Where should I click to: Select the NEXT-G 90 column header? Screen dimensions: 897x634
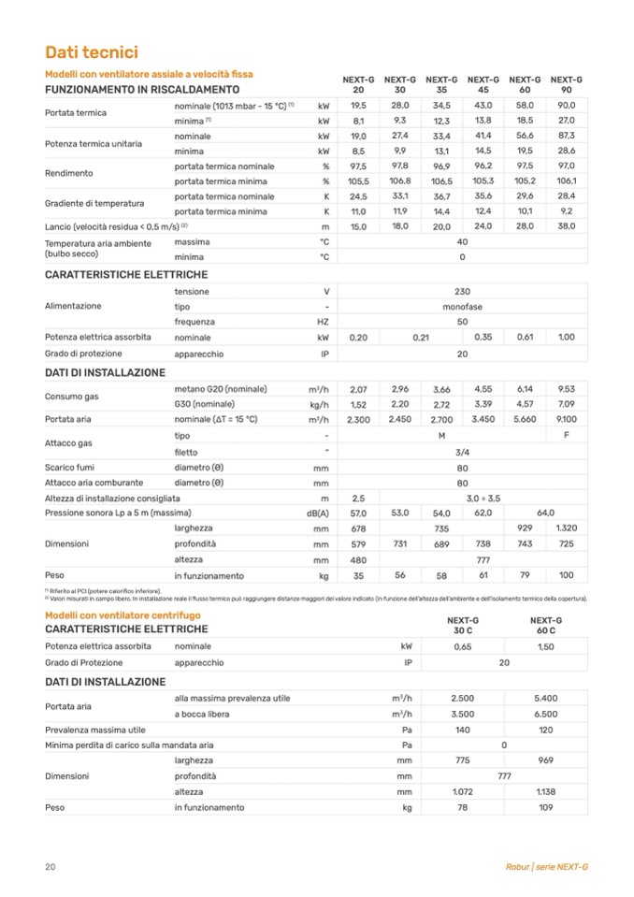click(x=566, y=84)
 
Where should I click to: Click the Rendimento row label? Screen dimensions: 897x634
click(x=68, y=173)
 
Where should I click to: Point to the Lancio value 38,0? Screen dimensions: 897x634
click(x=566, y=227)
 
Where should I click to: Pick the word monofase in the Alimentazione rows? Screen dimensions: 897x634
click(x=462, y=307)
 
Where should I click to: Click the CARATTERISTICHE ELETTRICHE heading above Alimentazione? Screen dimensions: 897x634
click(x=126, y=275)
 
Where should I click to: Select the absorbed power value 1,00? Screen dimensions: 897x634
click(x=566, y=337)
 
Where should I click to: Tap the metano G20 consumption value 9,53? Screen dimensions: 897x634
click(x=566, y=389)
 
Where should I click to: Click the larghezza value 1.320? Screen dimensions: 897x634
click(x=566, y=528)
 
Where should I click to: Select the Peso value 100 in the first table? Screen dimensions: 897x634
click(x=566, y=575)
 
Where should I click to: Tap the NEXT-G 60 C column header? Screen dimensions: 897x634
click(x=545, y=625)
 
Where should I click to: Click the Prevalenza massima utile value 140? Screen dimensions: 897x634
click(x=462, y=729)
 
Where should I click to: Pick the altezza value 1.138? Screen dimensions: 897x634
click(x=545, y=791)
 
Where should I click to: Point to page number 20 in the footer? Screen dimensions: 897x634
click(x=50, y=866)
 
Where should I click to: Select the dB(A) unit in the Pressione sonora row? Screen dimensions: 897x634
click(x=319, y=514)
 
